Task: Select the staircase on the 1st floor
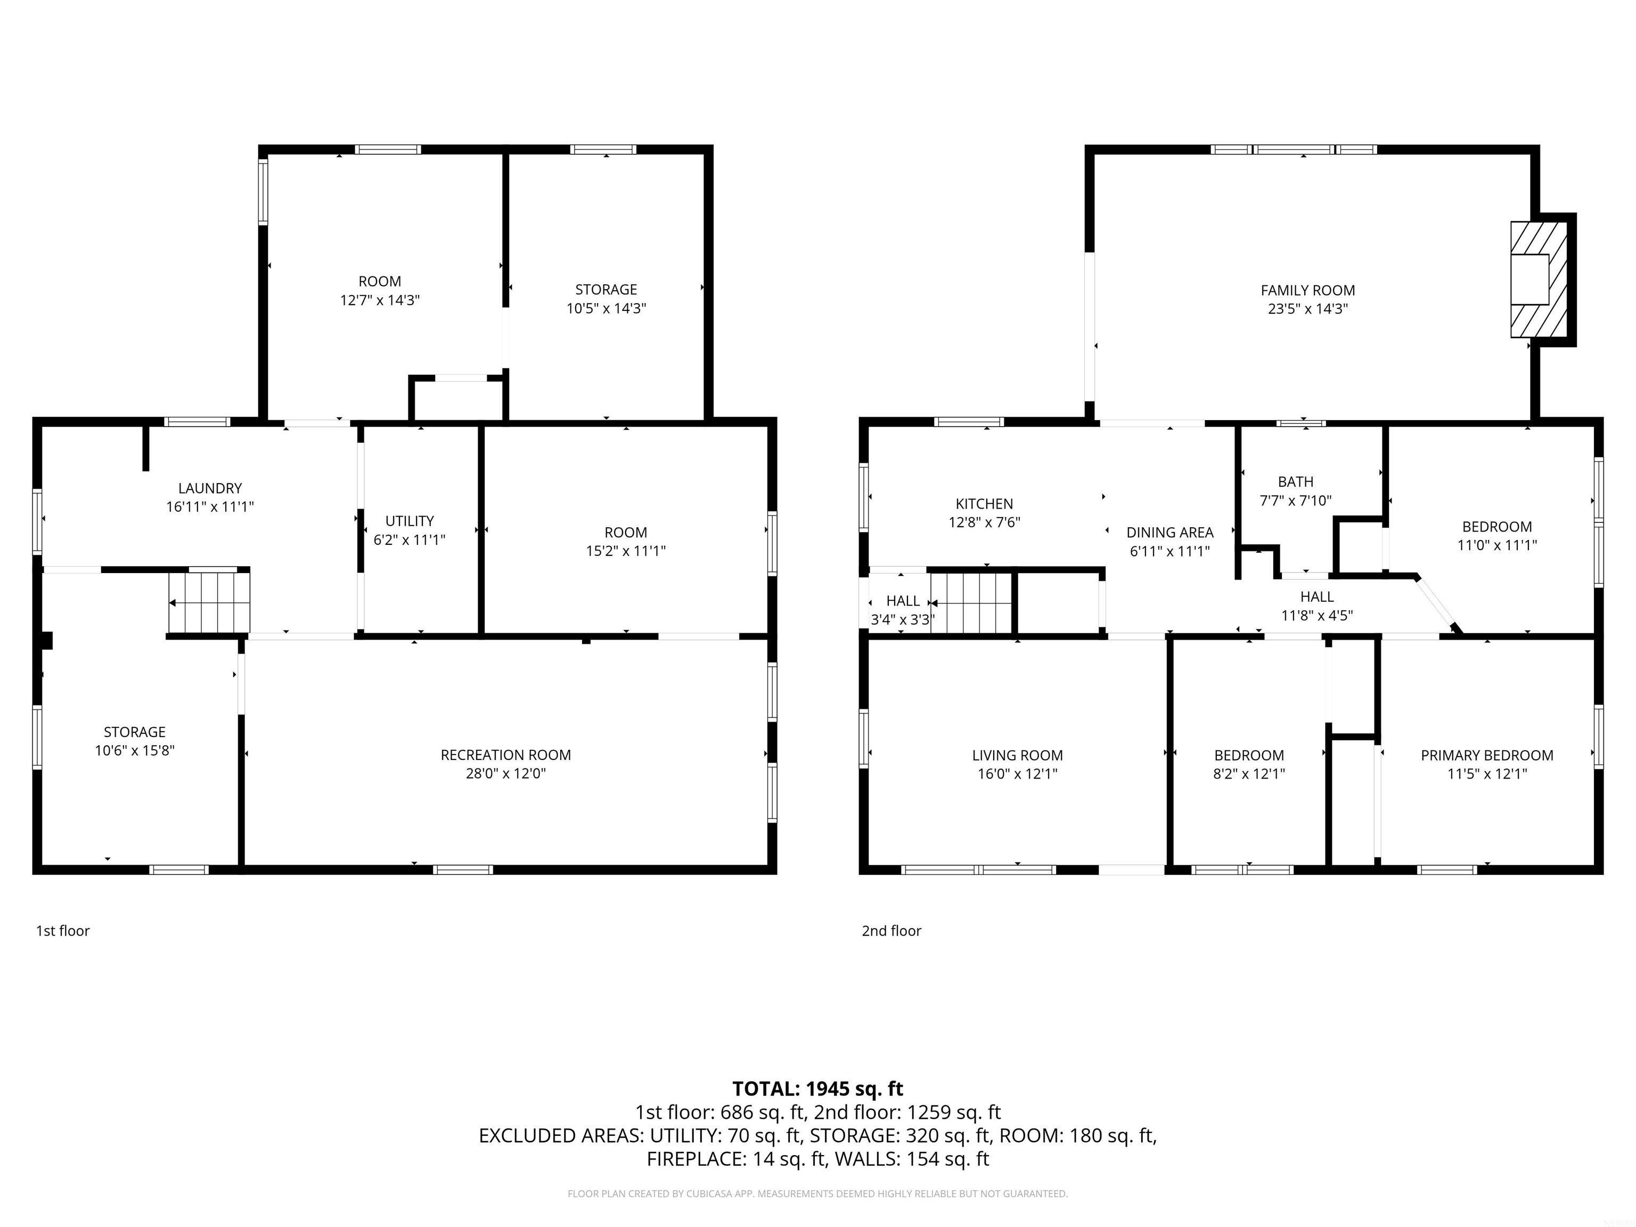click(209, 603)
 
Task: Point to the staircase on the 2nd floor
click(970, 603)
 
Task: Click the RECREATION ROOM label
click(506, 755)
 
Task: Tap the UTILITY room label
click(410, 521)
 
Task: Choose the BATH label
click(1296, 481)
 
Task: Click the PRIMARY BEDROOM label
click(1487, 755)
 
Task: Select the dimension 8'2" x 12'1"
click(1249, 774)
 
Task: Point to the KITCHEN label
click(984, 504)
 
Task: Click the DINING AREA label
click(1170, 533)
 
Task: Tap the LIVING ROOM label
click(1018, 755)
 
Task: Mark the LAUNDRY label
click(210, 488)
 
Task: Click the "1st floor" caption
click(63, 931)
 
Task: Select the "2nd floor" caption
click(891, 931)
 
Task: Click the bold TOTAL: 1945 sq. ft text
click(818, 1089)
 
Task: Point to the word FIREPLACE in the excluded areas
click(696, 1159)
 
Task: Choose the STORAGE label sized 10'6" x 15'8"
click(135, 732)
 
